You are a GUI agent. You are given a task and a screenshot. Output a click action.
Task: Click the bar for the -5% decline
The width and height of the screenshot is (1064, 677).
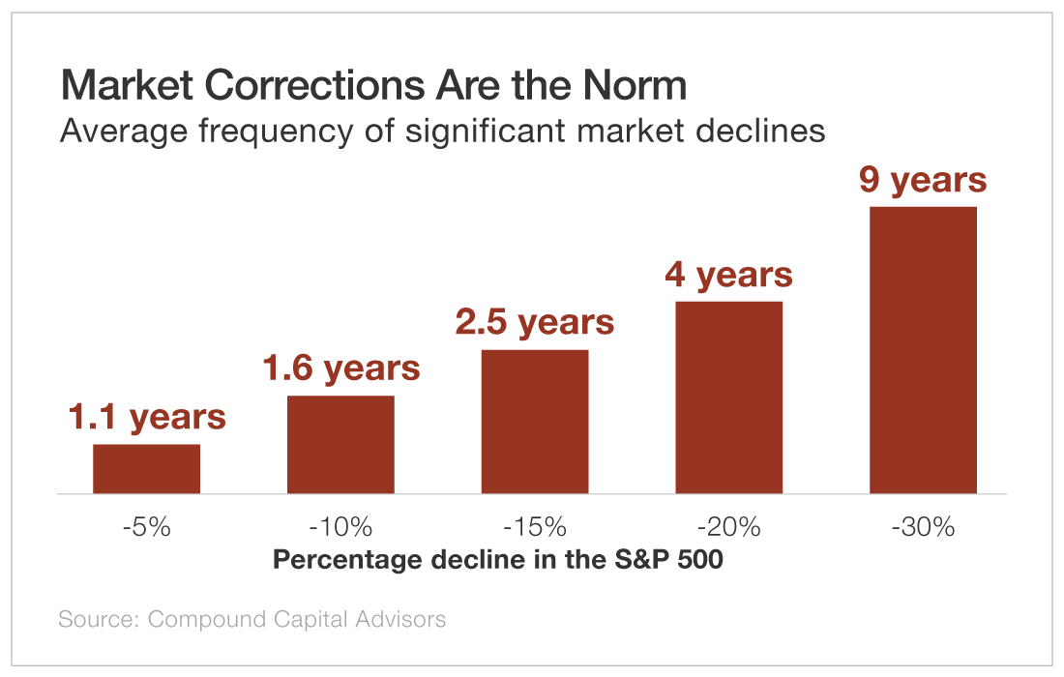click(146, 469)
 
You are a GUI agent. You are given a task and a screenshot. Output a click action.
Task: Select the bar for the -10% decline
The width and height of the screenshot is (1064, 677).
click(340, 445)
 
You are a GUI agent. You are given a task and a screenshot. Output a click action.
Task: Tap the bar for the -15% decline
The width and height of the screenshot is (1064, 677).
click(535, 422)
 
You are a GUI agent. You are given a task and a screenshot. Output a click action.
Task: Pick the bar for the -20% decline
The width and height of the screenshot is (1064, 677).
click(728, 397)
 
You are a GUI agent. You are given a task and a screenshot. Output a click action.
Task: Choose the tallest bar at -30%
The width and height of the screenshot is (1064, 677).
click(923, 350)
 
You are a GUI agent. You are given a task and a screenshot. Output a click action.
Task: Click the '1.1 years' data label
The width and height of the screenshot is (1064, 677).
click(146, 417)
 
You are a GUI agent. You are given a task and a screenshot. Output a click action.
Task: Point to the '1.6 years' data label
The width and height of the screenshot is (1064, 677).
click(340, 368)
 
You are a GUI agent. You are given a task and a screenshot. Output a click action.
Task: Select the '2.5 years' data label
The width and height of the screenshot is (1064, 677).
click(535, 322)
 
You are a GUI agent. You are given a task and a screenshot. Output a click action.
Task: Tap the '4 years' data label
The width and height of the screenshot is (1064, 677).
click(728, 275)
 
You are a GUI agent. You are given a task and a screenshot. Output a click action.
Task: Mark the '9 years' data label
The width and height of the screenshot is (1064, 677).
click(923, 180)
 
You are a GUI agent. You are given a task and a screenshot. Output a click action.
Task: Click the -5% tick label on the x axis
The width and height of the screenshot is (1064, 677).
click(146, 527)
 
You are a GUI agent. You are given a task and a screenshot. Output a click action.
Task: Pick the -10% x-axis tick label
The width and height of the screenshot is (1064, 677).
click(340, 527)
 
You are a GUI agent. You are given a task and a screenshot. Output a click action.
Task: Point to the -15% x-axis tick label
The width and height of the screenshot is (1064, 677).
click(535, 527)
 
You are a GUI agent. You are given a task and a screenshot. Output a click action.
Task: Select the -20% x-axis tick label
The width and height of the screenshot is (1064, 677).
click(728, 527)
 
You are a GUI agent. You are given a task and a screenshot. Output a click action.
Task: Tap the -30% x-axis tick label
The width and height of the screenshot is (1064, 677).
click(923, 527)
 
